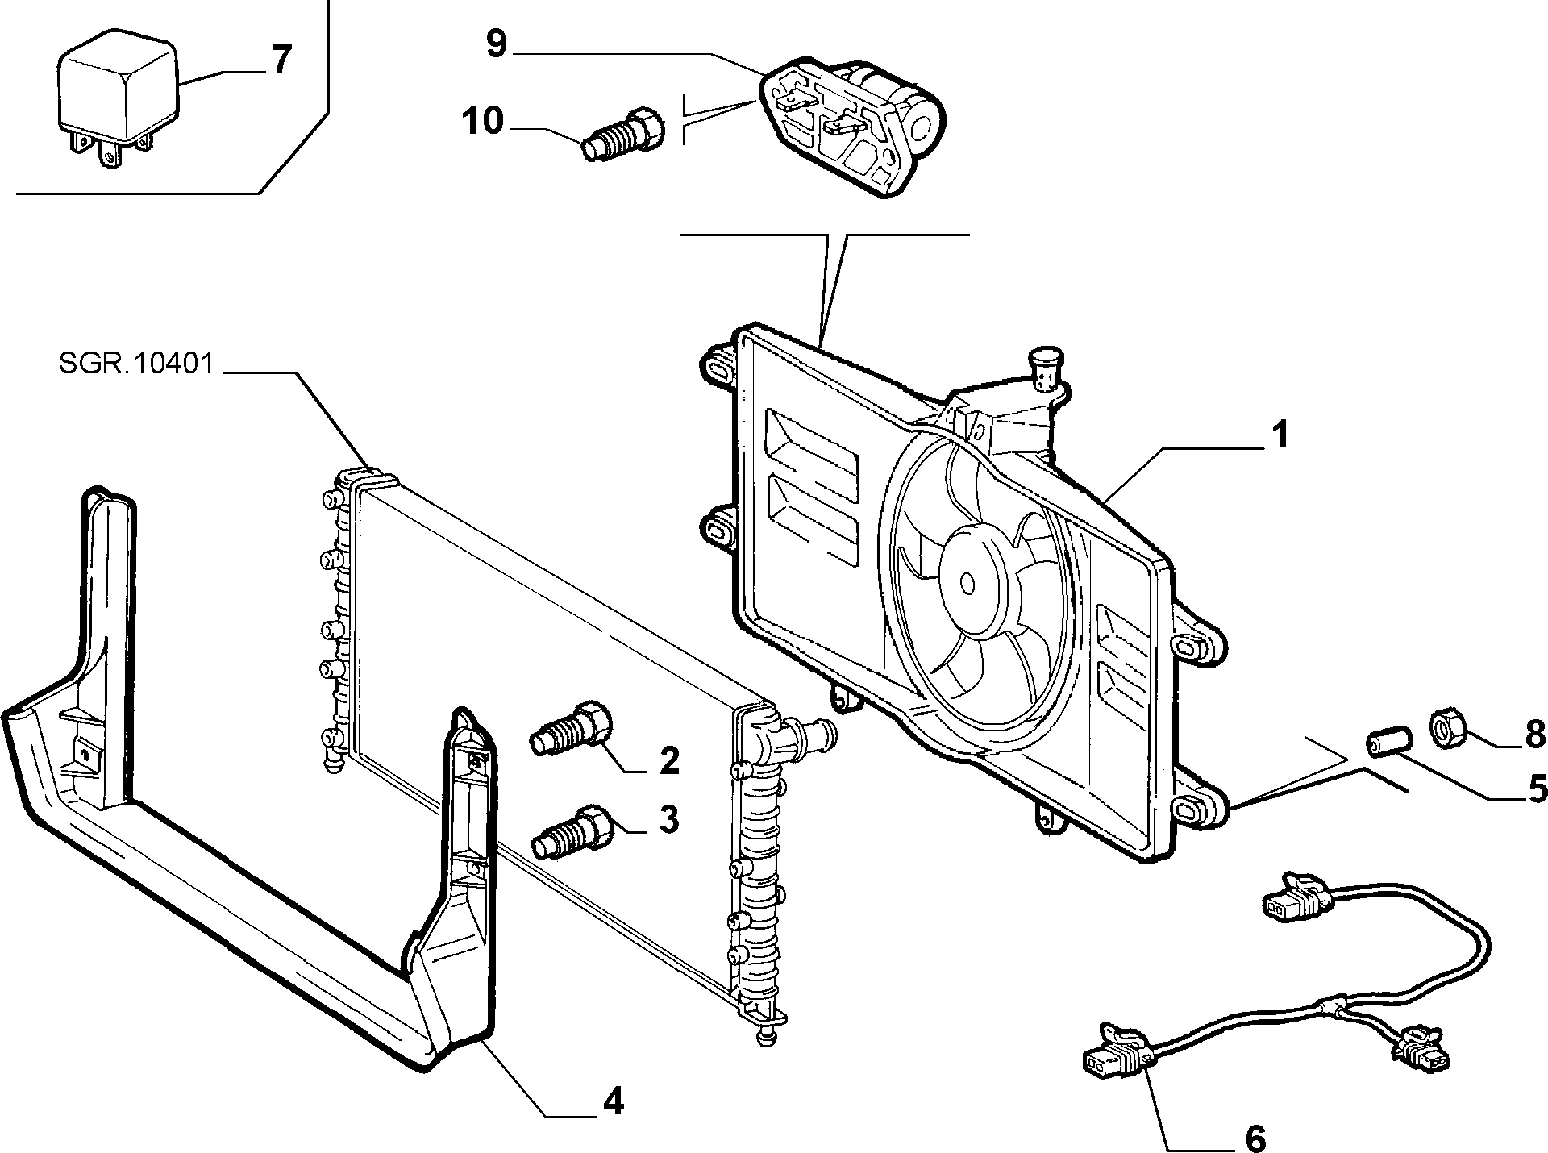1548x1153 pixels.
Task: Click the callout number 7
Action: [279, 60]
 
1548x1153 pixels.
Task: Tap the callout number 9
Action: [497, 44]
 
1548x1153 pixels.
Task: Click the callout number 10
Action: [483, 122]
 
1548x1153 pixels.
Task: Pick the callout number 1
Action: [1279, 435]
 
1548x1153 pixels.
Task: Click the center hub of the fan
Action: [967, 582]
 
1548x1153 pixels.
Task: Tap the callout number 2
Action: [669, 761]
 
